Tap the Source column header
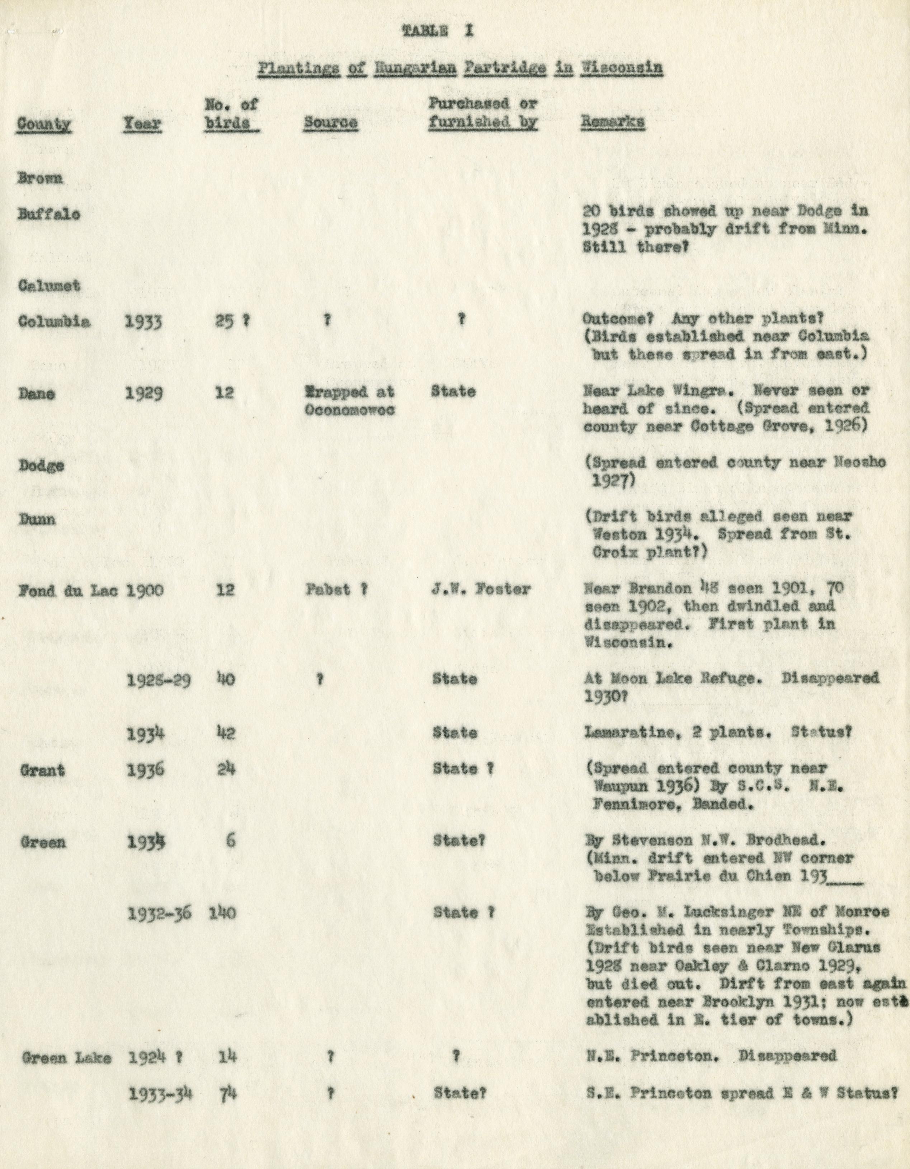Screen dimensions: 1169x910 click(330, 123)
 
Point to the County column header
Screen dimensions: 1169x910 click(44, 124)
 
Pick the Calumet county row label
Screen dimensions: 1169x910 click(49, 286)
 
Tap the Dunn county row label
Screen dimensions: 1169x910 click(37, 519)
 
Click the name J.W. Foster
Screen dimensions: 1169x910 click(480, 589)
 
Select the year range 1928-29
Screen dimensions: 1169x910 click(159, 680)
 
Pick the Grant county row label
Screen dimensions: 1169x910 click(42, 770)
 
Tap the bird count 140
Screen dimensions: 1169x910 click(222, 913)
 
